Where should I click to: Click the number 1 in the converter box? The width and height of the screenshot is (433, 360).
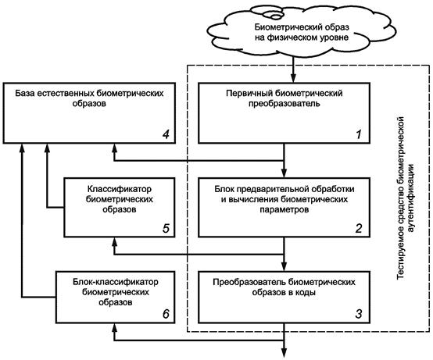pos(359,134)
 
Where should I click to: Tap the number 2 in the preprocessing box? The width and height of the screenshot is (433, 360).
pos(359,228)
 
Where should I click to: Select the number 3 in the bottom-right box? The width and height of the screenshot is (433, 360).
pos(359,314)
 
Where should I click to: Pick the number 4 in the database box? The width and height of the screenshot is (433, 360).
pos(166,134)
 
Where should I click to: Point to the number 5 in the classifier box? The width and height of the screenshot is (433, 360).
pos(166,228)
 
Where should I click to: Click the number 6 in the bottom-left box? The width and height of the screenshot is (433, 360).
pos(166,314)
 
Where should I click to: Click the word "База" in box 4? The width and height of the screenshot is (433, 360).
pos(25,93)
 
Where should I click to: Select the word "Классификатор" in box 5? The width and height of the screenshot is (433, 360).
pos(120,189)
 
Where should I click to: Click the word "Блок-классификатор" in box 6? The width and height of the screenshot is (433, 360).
pos(116,282)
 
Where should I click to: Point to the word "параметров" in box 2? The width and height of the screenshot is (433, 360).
pos(284,210)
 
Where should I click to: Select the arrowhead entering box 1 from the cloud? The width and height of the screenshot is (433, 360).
pos(293,79)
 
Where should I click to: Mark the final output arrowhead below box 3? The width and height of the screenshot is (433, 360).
pos(284,354)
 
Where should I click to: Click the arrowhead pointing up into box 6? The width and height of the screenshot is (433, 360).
pos(115,327)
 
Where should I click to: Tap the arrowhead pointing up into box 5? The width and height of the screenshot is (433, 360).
pos(115,241)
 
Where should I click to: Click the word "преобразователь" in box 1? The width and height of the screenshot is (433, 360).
pos(284,104)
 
